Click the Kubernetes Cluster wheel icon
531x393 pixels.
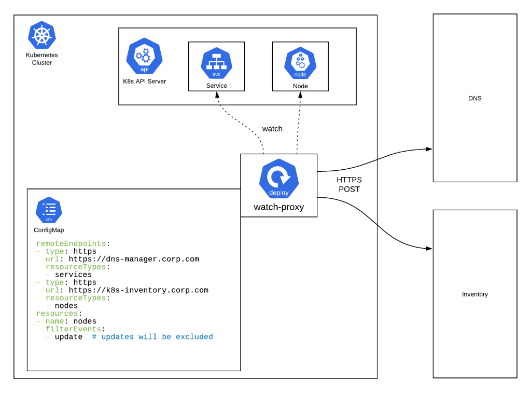42,35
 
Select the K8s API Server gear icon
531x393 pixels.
144,57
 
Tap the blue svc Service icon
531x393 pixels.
216,62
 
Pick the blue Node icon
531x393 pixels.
300,62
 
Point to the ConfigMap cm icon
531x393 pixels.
49,210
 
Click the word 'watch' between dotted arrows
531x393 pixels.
272,129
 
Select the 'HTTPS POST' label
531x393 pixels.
349,184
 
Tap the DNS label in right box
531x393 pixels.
474,98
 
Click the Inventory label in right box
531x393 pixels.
474,294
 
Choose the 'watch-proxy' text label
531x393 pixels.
278,207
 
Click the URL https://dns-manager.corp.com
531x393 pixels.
134,259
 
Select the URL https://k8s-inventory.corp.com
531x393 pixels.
138,290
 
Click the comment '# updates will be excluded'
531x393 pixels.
152,337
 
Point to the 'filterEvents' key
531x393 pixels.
75,329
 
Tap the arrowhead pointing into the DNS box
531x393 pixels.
429,149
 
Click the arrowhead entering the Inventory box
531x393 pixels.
429,249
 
